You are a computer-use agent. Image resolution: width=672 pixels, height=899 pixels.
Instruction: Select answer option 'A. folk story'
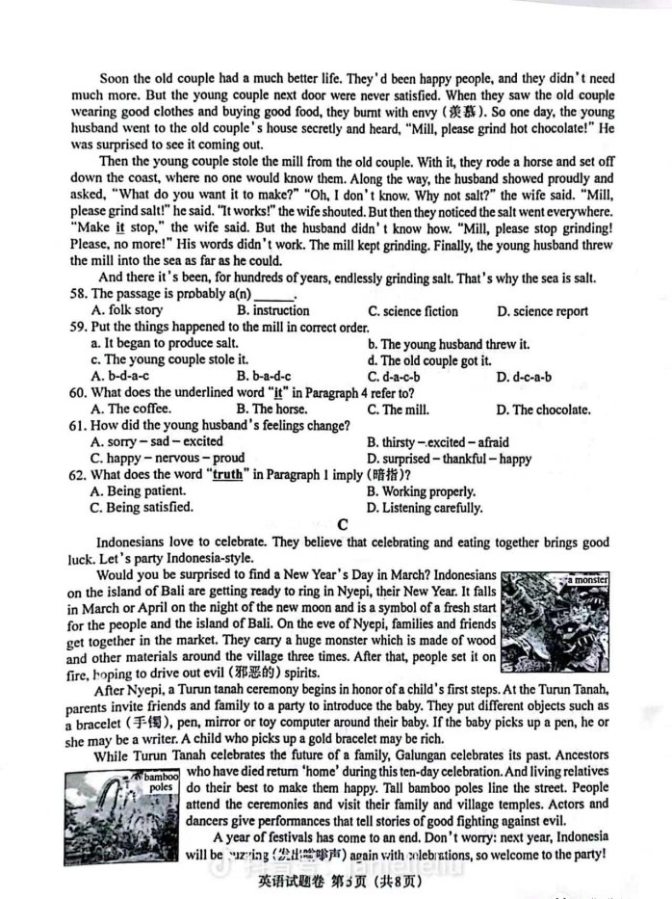[126, 310]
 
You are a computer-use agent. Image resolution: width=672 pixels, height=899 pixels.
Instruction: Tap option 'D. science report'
[545, 310]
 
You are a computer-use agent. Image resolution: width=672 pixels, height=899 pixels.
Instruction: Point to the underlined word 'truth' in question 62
[227, 474]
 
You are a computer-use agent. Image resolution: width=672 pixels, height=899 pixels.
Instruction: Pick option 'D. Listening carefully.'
[425, 508]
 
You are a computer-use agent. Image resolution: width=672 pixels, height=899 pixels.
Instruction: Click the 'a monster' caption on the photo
[586, 581]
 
